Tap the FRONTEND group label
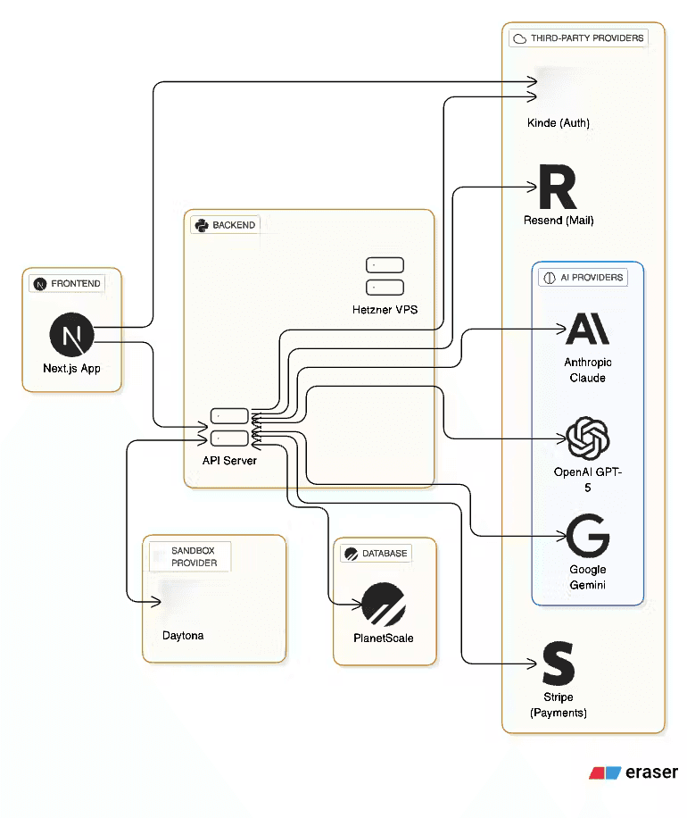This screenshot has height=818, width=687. [67, 284]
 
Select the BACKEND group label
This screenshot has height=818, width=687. [225, 225]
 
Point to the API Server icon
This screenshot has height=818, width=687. [229, 427]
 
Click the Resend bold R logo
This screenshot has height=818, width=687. [558, 188]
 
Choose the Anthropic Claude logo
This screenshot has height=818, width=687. [587, 329]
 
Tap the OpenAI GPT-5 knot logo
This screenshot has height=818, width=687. [587, 438]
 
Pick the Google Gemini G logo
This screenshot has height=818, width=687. [588, 536]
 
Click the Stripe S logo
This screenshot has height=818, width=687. [559, 665]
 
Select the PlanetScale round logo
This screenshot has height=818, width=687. [384, 605]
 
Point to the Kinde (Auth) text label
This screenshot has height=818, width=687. [559, 123]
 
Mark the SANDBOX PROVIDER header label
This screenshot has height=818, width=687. [194, 557]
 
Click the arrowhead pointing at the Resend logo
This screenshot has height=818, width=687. [531, 188]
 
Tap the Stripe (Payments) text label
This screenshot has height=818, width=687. [559, 705]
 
